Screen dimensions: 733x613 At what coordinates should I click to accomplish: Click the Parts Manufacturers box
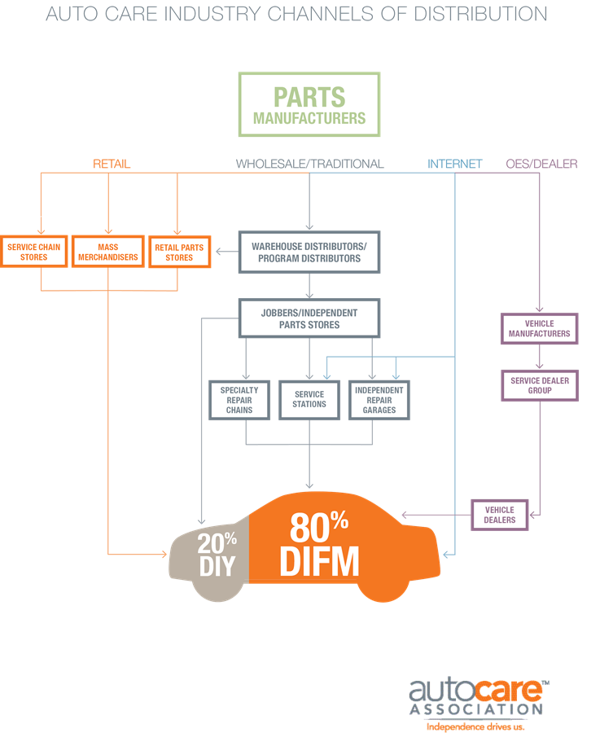pos(309,105)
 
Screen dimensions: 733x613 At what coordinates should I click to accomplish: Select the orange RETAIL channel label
pos(112,164)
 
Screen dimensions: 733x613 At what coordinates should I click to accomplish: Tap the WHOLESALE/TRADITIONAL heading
pos(309,164)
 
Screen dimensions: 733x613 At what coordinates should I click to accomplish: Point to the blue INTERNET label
pos(455,164)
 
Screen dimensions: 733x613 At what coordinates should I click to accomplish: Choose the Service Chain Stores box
pos(34,252)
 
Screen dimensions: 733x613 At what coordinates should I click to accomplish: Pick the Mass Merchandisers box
pos(107,252)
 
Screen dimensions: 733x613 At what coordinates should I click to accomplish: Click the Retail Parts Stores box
pos(179,252)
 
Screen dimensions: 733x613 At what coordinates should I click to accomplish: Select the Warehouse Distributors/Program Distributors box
pos(309,252)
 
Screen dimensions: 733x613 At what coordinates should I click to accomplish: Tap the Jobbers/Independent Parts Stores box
pos(309,318)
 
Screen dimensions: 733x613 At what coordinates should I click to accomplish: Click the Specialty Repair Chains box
pos(239,400)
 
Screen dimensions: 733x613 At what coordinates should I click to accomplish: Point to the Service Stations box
pos(309,400)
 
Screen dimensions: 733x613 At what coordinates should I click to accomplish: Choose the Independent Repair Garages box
pos(379,400)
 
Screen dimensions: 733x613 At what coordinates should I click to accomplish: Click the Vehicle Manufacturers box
pos(540,329)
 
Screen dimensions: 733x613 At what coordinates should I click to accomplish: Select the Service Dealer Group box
pos(540,385)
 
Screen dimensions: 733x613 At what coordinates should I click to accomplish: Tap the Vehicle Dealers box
pos(501,515)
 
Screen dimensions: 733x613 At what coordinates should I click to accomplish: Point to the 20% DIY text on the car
pos(217,553)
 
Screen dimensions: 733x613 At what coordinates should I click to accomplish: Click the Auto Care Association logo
pos(476,699)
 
